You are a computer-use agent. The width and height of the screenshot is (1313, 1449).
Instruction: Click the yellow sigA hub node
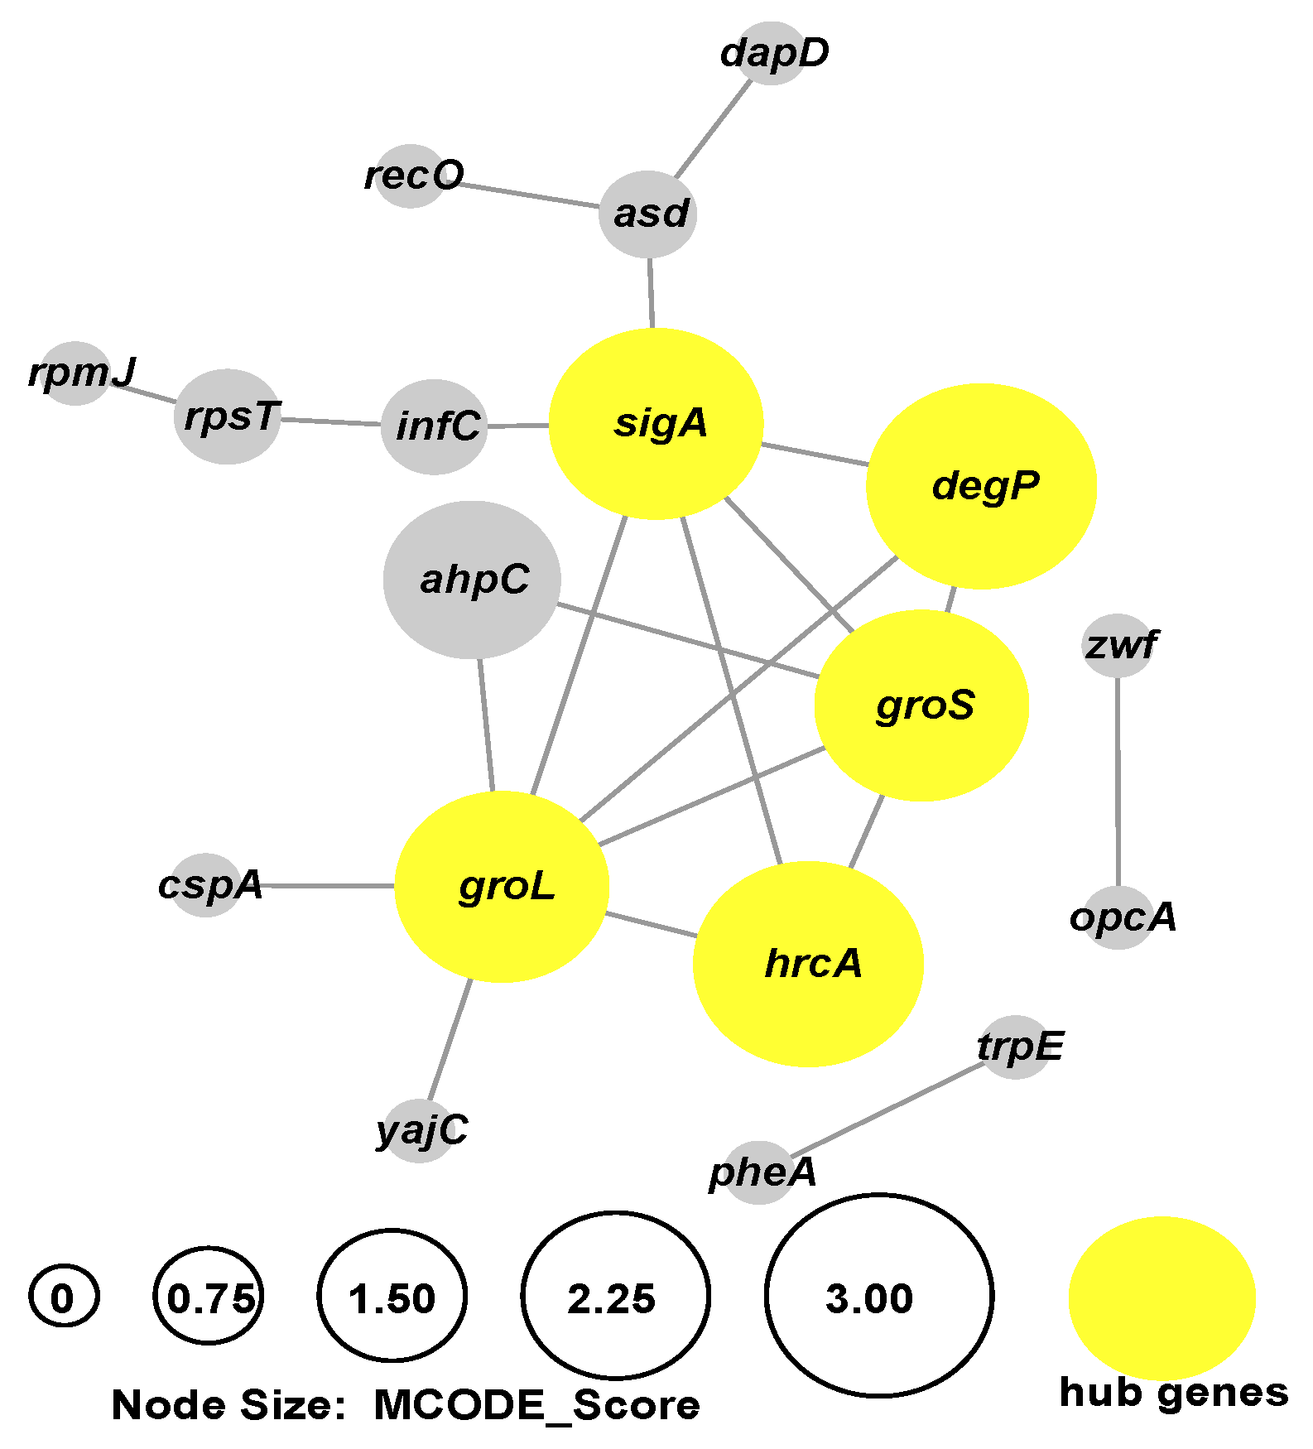(656, 424)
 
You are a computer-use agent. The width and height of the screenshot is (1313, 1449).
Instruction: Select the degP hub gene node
(981, 487)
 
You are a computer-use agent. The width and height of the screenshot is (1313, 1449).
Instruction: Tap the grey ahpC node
(472, 580)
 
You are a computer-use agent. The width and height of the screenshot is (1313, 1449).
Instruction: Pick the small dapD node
(771, 53)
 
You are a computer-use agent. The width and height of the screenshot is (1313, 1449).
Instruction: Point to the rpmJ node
(76, 373)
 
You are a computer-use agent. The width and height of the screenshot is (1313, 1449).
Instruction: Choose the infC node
(435, 427)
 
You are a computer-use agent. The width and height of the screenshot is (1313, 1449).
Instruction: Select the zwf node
(1117, 645)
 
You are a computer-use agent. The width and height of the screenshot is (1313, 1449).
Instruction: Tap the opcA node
(1118, 917)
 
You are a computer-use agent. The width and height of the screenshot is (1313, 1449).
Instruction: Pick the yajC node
(420, 1130)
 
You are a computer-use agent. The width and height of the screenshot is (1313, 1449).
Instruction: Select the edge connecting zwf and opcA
(1118, 778)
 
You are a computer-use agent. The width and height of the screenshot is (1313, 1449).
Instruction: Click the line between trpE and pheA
(886, 1110)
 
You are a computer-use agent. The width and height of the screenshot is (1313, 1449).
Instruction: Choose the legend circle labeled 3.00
(878, 1296)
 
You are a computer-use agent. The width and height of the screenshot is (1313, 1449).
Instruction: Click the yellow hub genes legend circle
(1161, 1297)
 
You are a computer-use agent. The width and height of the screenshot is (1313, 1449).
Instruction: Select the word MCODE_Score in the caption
(536, 1406)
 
